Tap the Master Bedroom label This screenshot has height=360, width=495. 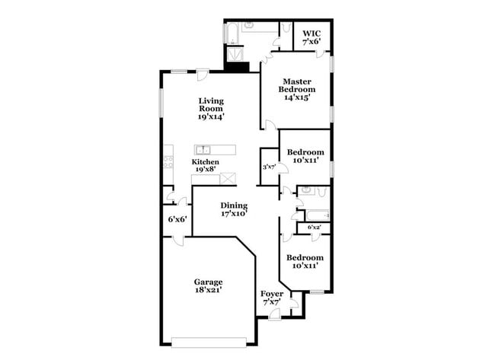pyautogui.click(x=299, y=89)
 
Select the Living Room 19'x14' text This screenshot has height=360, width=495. pyautogui.click(x=211, y=108)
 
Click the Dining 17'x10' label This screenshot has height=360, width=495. pyautogui.click(x=235, y=209)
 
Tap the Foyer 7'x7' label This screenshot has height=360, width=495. pyautogui.click(x=272, y=298)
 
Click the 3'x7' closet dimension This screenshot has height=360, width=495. pyautogui.click(x=268, y=167)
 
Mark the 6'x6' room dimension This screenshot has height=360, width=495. pyautogui.click(x=177, y=219)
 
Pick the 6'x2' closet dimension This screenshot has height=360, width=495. pyautogui.click(x=315, y=228)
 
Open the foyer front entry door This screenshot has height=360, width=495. pyautogui.click(x=274, y=317)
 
